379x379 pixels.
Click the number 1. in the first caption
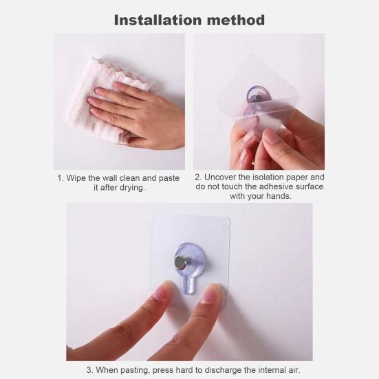[x=61, y=178]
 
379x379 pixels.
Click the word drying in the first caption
[x=130, y=188]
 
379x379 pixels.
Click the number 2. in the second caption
[x=198, y=177]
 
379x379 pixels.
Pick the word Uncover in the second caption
[x=222, y=177]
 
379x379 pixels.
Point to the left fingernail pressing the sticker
[x=163, y=290]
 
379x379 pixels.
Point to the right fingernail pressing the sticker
[x=215, y=294]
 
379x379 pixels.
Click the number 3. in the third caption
[x=90, y=370]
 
